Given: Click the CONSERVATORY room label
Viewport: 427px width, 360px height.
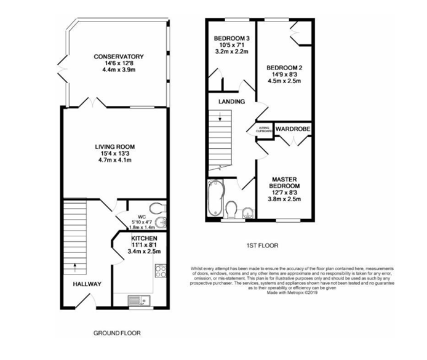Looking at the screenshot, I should coord(118,57).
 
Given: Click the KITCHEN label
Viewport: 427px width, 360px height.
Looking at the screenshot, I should coord(143,238).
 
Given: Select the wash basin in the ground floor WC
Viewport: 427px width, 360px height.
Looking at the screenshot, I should coord(161,222).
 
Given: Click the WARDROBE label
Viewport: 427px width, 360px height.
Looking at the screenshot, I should coord(293,129).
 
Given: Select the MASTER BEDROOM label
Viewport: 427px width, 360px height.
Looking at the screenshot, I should coord(285,182).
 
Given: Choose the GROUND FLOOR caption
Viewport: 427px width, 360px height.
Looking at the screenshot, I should coord(117,333).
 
